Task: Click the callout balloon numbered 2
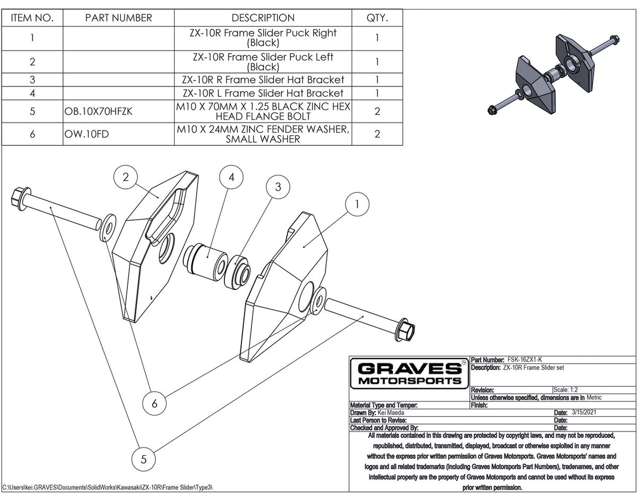(126, 178)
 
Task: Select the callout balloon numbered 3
(277, 186)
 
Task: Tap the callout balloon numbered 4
(231, 178)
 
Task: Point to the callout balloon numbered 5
(144, 459)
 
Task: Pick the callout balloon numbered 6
(154, 403)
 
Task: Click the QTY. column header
(377, 17)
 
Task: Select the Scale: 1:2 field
(566, 390)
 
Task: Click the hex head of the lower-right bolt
(406, 331)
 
